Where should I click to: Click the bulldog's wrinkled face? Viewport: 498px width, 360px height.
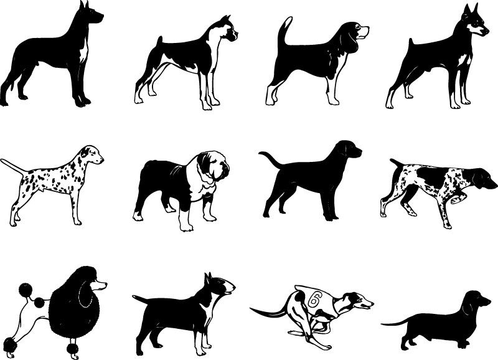pos(215,168)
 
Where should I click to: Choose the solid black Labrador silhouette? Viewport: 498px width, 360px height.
pos(311,181)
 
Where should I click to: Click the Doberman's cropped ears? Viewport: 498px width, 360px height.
pos(467,11)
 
